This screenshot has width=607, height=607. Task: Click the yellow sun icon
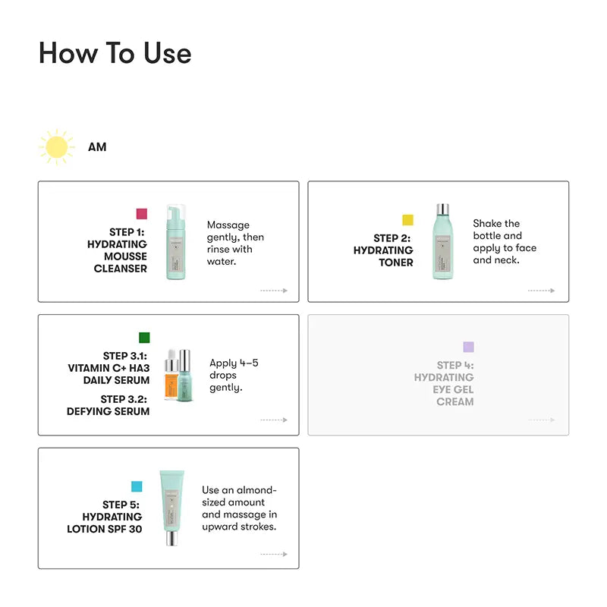click(56, 147)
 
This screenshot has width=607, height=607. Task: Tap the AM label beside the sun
click(97, 147)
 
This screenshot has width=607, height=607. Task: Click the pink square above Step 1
click(142, 214)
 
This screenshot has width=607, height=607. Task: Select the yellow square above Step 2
click(407, 220)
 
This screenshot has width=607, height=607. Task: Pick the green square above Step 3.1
click(144, 338)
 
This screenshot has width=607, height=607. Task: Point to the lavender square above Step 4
click(468, 347)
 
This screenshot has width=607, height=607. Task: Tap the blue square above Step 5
click(137, 486)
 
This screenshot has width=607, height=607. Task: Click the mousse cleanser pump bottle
click(176, 242)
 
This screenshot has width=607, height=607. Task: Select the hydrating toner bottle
click(443, 241)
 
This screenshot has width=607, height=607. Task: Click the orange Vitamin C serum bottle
click(171, 375)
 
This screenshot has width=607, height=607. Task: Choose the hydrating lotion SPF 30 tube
click(172, 508)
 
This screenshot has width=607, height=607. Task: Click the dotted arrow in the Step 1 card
click(274, 291)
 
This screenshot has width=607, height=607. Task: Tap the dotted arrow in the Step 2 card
click(541, 291)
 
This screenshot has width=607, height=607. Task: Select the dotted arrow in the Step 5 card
click(274, 555)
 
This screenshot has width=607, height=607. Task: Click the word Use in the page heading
click(167, 53)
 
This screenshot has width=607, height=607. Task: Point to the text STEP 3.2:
click(124, 399)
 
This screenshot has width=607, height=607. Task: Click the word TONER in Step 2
click(396, 263)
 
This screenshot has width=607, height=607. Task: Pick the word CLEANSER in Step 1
click(121, 269)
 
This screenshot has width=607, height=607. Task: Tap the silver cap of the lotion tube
click(172, 538)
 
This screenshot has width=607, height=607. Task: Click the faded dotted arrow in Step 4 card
click(541, 420)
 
